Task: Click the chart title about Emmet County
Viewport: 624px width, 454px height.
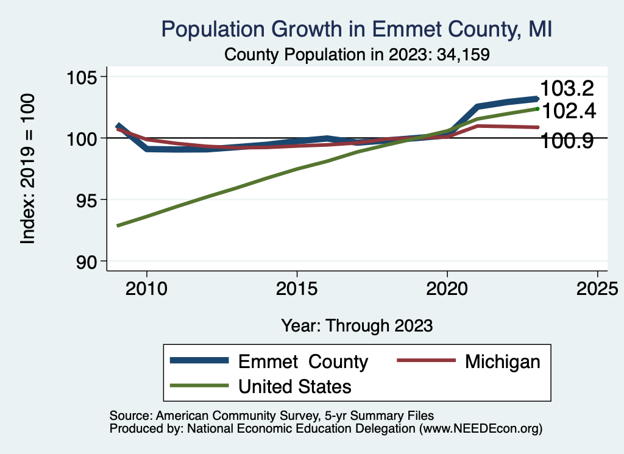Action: click(x=356, y=29)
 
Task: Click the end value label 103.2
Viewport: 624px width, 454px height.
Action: click(x=567, y=89)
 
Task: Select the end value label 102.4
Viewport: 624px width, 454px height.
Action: click(x=568, y=111)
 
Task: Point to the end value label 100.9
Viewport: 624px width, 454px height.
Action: click(x=568, y=141)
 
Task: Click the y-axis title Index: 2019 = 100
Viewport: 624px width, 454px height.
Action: click(x=27, y=169)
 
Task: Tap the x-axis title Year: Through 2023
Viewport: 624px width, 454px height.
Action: click(x=356, y=325)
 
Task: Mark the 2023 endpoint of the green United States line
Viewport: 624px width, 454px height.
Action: click(x=537, y=108)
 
